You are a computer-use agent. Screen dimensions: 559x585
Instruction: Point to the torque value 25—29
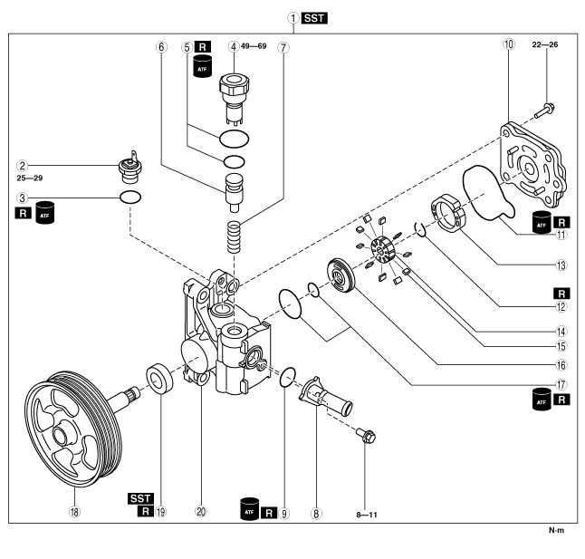click(x=32, y=178)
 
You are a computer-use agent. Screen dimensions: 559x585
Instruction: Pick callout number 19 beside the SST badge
click(x=160, y=511)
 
